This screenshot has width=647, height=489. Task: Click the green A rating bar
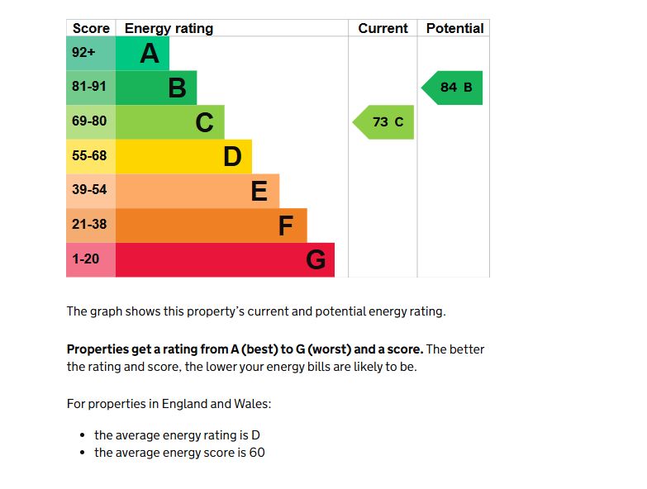(142, 54)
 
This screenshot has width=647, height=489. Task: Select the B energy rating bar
(156, 88)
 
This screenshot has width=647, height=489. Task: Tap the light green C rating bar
(169, 122)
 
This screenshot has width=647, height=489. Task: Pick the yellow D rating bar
(183, 156)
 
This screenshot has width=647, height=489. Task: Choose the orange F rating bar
(211, 225)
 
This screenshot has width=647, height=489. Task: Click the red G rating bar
(225, 259)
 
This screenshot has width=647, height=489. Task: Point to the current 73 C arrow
(384, 122)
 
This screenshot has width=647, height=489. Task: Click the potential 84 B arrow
(453, 88)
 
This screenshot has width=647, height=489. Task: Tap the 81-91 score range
(90, 88)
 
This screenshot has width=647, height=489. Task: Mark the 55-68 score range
(90, 156)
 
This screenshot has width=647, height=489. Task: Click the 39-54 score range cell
(90, 190)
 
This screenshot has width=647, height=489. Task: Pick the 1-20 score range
(86, 259)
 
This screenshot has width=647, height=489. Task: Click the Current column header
(383, 28)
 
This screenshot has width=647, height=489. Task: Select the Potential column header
(454, 28)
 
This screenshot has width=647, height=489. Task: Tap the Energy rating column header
(169, 28)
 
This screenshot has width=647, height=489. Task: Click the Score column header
(91, 28)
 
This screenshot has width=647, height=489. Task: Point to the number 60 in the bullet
(256, 453)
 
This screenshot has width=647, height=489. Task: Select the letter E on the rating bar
(259, 191)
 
